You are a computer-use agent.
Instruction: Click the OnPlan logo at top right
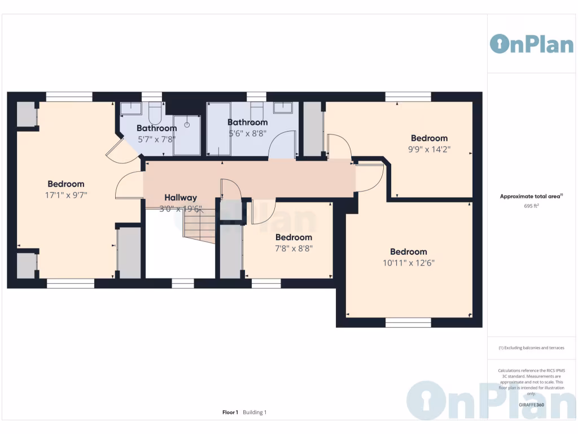click(531, 44)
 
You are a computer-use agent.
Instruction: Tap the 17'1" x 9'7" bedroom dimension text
click(66, 194)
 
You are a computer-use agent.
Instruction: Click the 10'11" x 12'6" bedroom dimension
click(408, 263)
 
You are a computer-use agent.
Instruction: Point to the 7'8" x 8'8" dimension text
click(294, 248)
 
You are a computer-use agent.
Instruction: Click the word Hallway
click(181, 198)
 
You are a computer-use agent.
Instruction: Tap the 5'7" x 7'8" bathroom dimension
click(157, 138)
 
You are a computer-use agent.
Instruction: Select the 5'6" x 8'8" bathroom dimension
click(247, 133)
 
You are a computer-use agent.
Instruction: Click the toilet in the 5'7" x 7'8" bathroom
click(155, 113)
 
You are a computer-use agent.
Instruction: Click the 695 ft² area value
click(531, 206)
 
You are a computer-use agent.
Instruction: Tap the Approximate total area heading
click(531, 197)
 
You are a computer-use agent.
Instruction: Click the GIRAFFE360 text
click(531, 405)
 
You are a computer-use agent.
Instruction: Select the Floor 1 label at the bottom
click(230, 413)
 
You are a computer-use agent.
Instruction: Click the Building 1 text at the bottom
click(255, 413)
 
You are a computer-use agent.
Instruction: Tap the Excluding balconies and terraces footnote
click(531, 348)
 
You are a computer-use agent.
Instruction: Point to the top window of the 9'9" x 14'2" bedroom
click(408, 97)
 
